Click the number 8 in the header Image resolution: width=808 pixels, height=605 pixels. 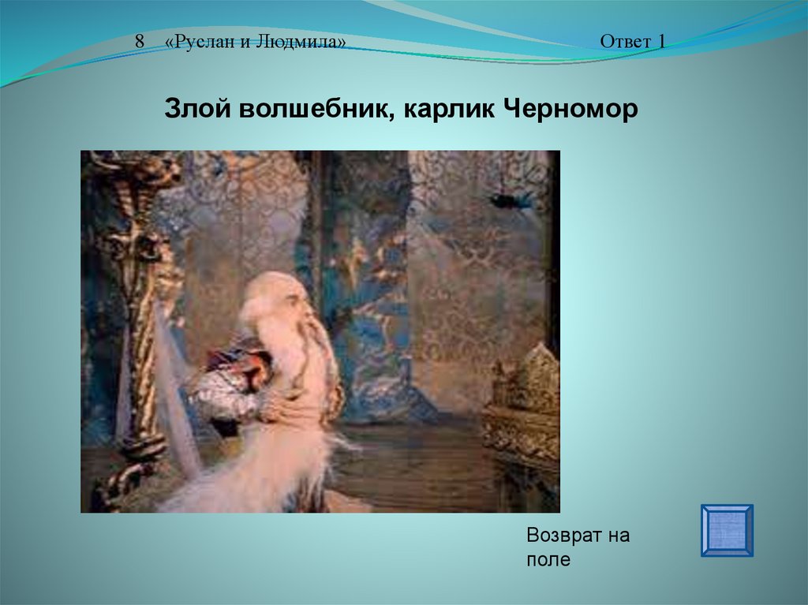point(140,41)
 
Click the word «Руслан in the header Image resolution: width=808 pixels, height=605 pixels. point(200,42)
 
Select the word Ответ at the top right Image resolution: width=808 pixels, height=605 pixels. point(626,42)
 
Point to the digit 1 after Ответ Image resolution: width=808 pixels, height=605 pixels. point(661,42)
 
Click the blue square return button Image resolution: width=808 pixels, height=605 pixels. point(727,530)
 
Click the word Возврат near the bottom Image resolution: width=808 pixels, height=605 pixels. point(563,536)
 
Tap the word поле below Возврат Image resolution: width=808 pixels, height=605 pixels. point(548,560)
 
